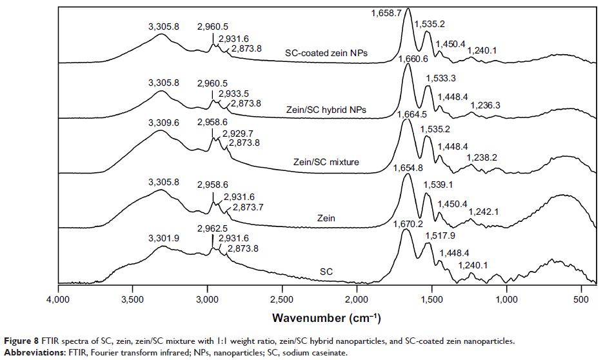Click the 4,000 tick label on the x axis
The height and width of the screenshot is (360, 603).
pos(58,299)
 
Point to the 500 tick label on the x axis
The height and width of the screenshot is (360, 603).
pos(581,299)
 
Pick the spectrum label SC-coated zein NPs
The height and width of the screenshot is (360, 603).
pos(326,54)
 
